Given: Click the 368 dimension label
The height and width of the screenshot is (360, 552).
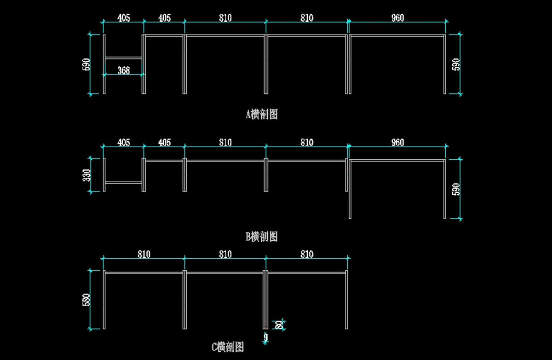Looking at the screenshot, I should (124, 70).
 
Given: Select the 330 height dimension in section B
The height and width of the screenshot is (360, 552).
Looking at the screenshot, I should (86, 175).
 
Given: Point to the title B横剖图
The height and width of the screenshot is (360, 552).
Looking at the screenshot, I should (262, 237).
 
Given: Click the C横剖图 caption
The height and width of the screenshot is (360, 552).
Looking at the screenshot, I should (228, 346).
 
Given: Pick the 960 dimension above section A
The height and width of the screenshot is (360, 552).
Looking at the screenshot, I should (397, 18).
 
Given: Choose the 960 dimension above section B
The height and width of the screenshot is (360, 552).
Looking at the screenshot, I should (397, 143).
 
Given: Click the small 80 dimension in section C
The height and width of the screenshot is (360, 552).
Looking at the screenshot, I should (278, 325).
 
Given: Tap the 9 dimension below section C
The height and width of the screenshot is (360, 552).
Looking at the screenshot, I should (266, 339).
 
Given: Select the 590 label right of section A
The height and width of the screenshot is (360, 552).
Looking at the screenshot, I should (456, 64).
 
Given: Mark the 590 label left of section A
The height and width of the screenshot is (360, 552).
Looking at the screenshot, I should (86, 64).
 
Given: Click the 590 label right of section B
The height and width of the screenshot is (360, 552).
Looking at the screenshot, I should (456, 189).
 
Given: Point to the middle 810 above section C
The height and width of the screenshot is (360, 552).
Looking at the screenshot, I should (225, 254).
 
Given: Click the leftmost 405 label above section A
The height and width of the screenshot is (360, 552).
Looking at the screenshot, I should (124, 18).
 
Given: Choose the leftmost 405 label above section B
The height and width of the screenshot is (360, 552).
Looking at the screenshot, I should (124, 143).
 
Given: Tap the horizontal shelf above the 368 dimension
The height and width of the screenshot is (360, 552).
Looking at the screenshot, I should (124, 58).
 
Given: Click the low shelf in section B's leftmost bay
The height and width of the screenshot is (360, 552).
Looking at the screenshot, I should (124, 183).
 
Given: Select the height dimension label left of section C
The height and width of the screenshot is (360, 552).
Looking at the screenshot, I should (86, 300).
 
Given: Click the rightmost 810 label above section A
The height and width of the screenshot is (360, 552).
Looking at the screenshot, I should (307, 18).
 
